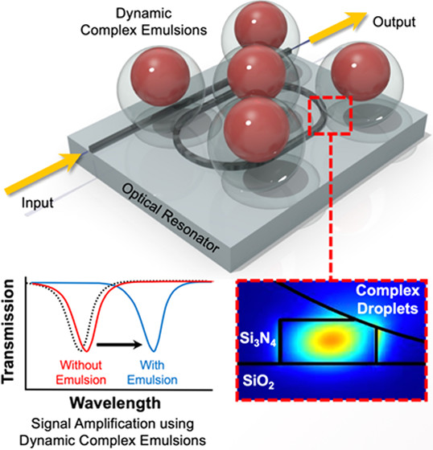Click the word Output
coord(394,22)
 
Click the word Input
coord(37,202)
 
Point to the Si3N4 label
coord(258,339)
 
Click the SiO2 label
coord(258,382)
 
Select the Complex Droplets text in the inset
coord(388,300)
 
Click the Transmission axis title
coord(8,331)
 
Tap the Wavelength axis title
coord(115,403)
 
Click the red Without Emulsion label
coord(80,373)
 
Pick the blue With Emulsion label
coord(152,373)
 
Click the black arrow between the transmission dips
coord(119,345)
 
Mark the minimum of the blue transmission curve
coord(154,350)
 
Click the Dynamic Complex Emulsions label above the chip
coord(143,22)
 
